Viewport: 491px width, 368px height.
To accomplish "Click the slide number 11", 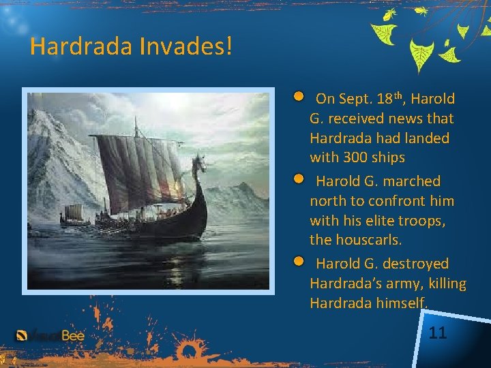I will pos(438,333).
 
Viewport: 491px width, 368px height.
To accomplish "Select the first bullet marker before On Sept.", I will pos(299,97).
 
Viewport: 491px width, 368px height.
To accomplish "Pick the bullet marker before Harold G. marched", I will pos(299,179).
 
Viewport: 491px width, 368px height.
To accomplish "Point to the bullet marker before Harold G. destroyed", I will pos(299,261).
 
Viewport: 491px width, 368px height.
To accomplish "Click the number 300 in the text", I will pos(352,157).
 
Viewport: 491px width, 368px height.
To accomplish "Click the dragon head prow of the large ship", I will pos(199,164).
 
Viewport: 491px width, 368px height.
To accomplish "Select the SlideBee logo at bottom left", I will pos(50,335).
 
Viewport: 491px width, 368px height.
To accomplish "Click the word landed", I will pos(425,138).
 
